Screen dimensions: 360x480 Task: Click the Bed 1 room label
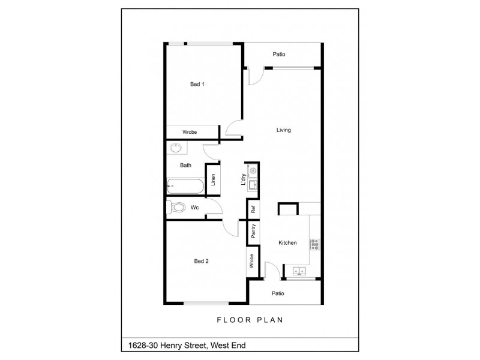(x=197, y=85)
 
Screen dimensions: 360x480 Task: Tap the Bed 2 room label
(x=201, y=261)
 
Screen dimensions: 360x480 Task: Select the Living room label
(x=284, y=130)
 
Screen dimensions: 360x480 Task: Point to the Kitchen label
(x=287, y=243)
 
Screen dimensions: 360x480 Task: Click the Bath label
(x=185, y=165)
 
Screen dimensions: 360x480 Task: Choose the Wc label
(x=194, y=208)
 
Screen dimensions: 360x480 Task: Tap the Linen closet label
(x=212, y=179)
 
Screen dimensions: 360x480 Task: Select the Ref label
(x=254, y=210)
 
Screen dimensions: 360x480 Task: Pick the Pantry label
(x=254, y=232)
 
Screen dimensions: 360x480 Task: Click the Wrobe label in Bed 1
(x=190, y=132)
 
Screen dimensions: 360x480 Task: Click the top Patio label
(x=279, y=55)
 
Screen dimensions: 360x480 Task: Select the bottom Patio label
(x=277, y=294)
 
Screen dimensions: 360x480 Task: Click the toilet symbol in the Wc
(x=177, y=208)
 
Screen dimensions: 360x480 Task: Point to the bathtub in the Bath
(x=187, y=186)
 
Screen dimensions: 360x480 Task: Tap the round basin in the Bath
(x=176, y=148)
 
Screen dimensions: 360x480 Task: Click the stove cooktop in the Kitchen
(x=314, y=244)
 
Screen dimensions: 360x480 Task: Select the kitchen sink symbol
(x=299, y=272)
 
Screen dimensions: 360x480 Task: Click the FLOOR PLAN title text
(x=250, y=320)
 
